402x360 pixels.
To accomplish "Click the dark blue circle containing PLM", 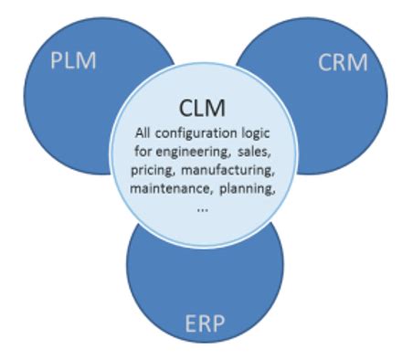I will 64,101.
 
